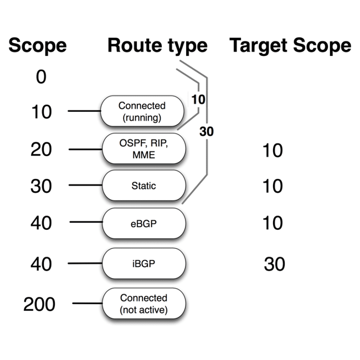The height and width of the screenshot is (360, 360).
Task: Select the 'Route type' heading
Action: pos(157,46)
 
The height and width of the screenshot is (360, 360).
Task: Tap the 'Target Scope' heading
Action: pos(290,46)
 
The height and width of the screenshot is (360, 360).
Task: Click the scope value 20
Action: pos(41,150)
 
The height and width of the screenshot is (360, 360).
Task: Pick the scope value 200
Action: pos(39,304)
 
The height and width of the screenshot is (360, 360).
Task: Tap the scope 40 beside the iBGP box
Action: pos(41,264)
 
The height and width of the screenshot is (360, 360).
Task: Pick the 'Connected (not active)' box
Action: pos(143,304)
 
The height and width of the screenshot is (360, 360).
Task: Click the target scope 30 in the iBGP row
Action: pos(274,264)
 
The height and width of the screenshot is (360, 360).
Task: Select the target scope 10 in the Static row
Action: pos(272,187)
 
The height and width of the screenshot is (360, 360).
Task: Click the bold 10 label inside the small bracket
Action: pos(198,100)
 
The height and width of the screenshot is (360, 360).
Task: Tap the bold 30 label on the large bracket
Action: pos(206,132)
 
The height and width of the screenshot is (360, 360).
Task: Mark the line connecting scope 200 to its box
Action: pos(87,304)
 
